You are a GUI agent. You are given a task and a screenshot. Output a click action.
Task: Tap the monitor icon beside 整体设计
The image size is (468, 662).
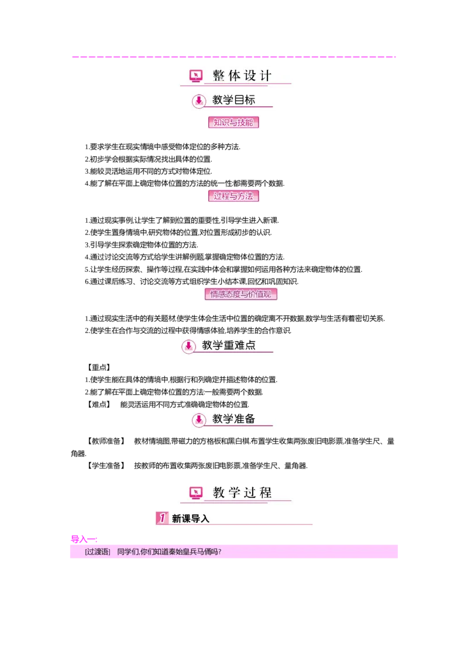click(196, 76)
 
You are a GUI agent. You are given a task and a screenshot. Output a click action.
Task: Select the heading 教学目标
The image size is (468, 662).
click(233, 100)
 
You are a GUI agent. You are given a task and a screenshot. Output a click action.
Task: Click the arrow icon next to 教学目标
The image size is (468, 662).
click(199, 100)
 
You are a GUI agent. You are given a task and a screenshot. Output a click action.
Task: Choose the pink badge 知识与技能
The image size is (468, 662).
click(233, 122)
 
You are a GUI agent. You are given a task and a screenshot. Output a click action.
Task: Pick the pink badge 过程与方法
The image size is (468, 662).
click(233, 196)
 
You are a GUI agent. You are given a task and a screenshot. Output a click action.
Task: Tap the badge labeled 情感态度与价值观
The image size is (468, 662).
click(241, 295)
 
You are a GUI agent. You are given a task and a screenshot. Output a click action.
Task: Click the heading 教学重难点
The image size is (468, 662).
click(229, 346)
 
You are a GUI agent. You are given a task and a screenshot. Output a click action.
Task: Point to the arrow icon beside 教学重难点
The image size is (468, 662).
click(188, 347)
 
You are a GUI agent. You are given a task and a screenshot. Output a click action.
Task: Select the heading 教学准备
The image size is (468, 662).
click(233, 419)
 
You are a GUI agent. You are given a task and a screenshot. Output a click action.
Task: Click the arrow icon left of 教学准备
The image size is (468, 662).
click(199, 419)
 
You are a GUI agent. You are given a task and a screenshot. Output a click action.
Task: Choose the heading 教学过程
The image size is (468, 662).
click(242, 493)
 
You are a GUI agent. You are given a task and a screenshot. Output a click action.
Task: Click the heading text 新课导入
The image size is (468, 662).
click(191, 518)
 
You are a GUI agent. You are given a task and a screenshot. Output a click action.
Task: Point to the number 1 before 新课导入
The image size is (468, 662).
click(162, 518)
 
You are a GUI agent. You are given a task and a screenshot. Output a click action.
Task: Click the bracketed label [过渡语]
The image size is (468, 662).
click(97, 551)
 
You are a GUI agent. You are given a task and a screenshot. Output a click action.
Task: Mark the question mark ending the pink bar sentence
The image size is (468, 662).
click(219, 551)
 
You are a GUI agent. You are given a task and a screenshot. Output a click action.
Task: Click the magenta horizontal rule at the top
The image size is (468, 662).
click(234, 58)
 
